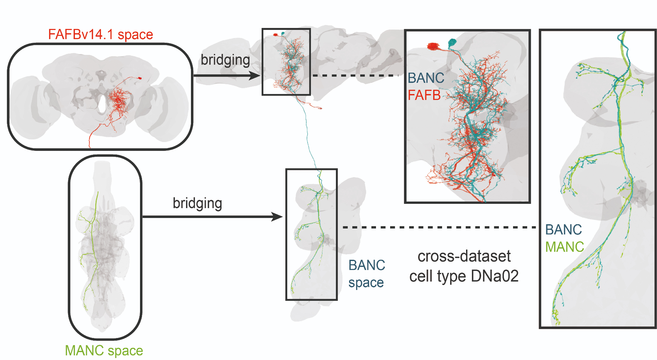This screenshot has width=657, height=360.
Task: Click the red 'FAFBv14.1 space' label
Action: click(101, 35)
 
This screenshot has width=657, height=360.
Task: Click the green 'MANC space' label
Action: click(104, 350)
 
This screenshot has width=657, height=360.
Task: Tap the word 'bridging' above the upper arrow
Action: click(225, 60)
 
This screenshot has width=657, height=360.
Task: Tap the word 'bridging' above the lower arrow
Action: click(198, 204)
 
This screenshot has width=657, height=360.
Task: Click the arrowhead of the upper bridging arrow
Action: click(255, 76)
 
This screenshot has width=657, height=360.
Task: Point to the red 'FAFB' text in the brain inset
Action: click(424, 95)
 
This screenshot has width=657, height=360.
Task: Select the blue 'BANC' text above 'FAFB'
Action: click(426, 78)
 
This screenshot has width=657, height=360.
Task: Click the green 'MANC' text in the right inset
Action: click(564, 247)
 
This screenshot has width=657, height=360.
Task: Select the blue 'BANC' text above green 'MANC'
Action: click(563, 230)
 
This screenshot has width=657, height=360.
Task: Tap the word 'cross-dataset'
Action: click(464, 256)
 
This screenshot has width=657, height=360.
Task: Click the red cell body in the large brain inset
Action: click(433, 47)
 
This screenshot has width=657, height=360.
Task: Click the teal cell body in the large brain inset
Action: click(453, 42)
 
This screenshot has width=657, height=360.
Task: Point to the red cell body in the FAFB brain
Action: click(139, 78)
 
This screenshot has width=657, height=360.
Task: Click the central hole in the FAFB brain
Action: click(103, 104)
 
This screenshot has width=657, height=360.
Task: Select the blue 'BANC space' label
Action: click(366, 274)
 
